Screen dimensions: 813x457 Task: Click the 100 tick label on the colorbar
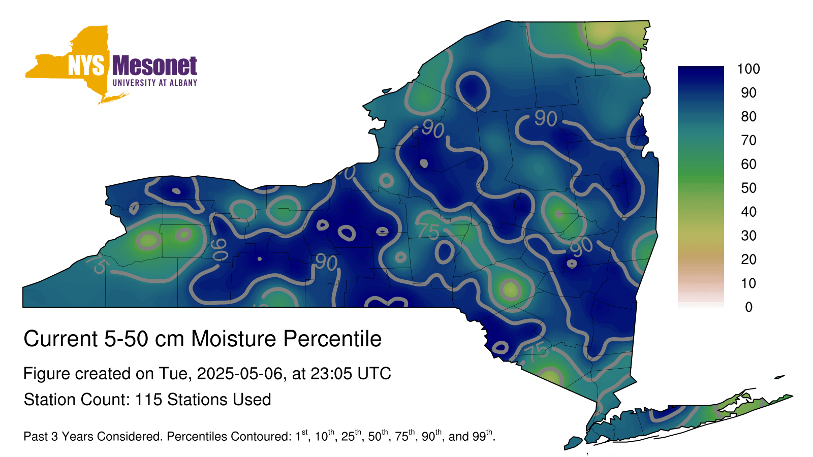[x=748, y=69]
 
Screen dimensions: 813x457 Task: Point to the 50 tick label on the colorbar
[x=748, y=188]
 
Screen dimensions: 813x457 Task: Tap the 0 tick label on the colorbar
[x=748, y=307]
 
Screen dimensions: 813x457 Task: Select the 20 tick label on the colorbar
[x=748, y=259]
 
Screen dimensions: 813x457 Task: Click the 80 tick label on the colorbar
[x=748, y=116]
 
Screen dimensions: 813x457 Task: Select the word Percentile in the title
[x=332, y=339]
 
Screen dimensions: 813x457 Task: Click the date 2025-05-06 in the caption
[x=239, y=374]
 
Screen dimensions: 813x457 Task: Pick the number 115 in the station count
[x=148, y=400]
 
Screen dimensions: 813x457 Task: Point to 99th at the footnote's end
[x=482, y=435]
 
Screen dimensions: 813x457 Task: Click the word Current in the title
[x=60, y=339]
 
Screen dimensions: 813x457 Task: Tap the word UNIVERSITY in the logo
[x=134, y=83]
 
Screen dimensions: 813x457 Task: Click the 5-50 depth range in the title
[x=127, y=339]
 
